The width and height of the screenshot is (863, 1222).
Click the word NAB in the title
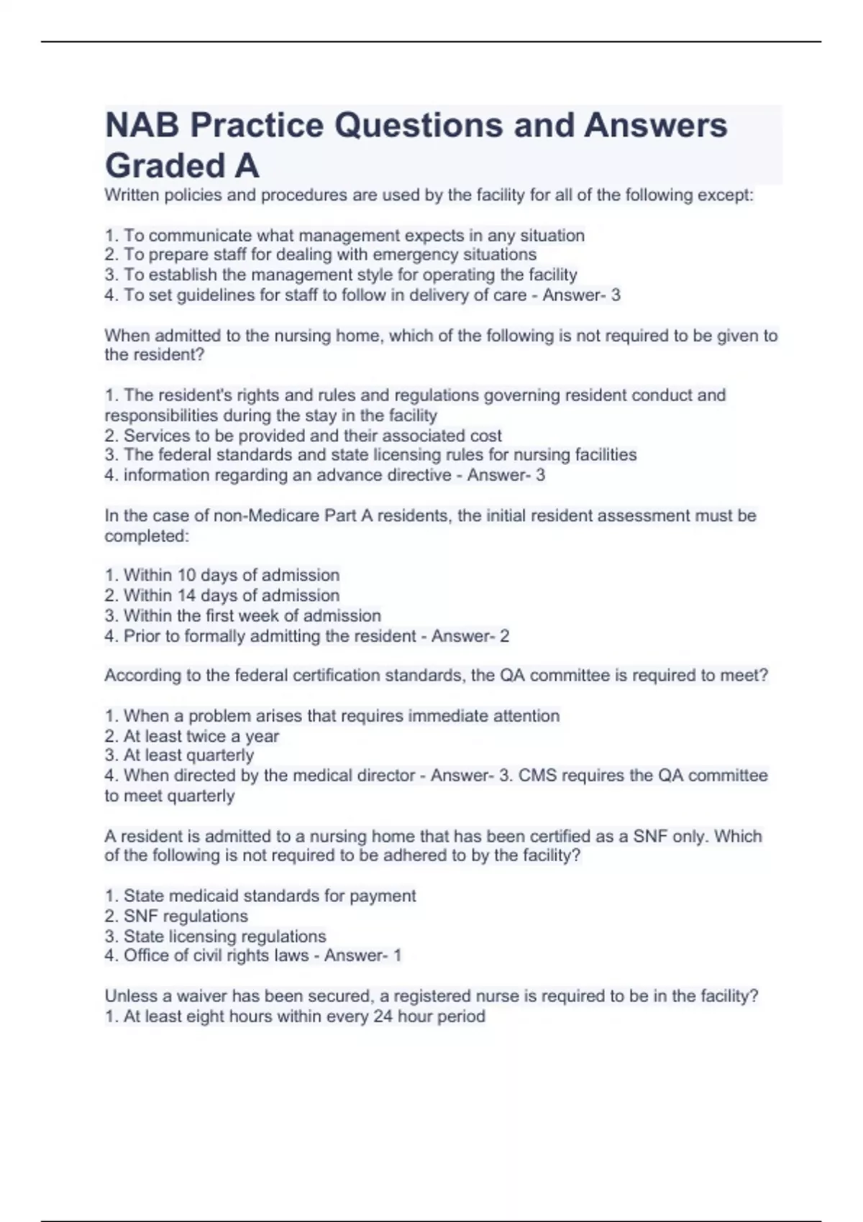(141, 125)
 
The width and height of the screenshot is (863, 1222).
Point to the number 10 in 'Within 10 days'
(186, 575)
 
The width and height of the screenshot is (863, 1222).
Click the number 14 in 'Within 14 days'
(186, 595)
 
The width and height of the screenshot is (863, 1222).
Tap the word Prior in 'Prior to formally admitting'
(142, 636)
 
